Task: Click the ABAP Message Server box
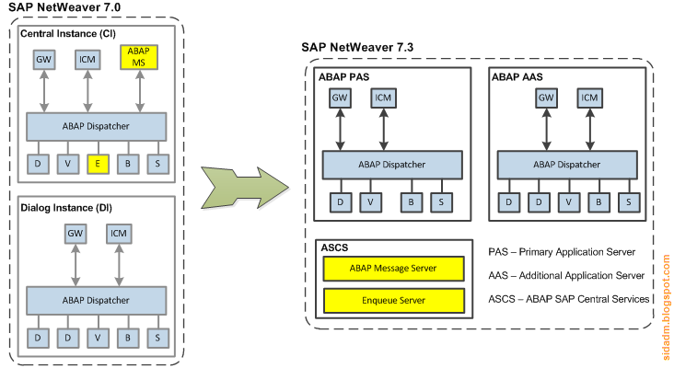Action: point(392,269)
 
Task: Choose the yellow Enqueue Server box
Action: point(392,301)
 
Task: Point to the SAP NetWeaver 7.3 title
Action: point(362,47)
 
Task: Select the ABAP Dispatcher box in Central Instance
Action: point(97,126)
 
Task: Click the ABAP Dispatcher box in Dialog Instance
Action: point(97,300)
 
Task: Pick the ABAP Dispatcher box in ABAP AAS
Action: point(568,165)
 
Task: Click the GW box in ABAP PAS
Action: point(340,98)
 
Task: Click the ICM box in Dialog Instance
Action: point(118,234)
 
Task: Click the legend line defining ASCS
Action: point(570,298)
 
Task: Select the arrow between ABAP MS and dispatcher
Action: point(139,93)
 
